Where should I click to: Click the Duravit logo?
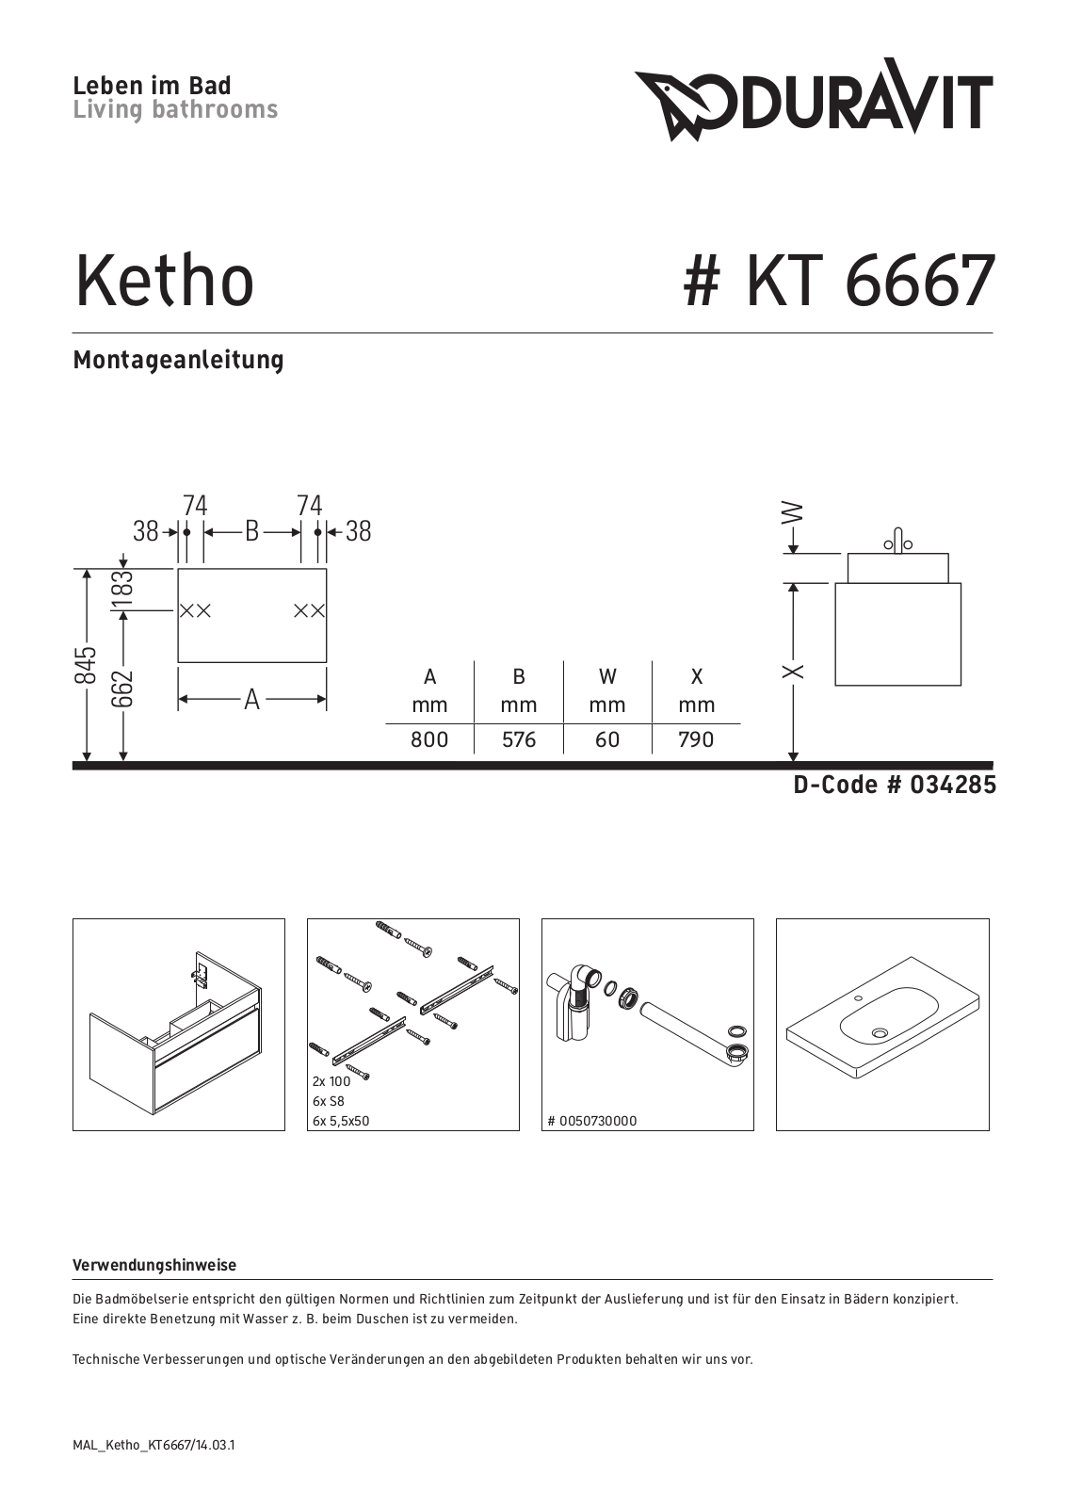click(814, 99)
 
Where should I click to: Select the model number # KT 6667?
click(839, 281)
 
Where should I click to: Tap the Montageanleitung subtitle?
click(178, 360)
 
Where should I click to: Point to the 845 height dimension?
click(86, 665)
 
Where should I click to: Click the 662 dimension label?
click(122, 689)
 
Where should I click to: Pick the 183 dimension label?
click(123, 589)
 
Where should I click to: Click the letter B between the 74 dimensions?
click(251, 531)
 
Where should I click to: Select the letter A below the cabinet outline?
click(252, 700)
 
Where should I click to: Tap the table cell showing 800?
click(429, 740)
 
